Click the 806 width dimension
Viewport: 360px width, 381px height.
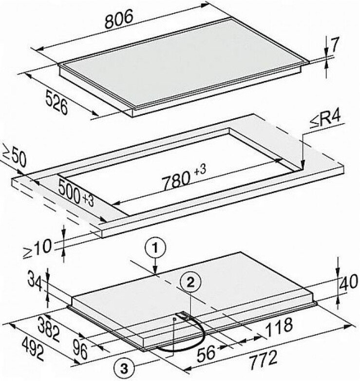[119, 19]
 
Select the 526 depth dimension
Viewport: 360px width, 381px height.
[57, 102]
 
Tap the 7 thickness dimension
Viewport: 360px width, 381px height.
[334, 45]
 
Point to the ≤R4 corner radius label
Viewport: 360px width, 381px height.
[325, 120]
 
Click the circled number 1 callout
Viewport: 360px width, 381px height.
[155, 248]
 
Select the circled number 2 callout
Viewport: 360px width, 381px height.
[190, 283]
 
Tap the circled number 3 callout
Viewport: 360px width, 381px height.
[124, 369]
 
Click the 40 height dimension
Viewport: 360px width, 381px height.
[348, 283]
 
